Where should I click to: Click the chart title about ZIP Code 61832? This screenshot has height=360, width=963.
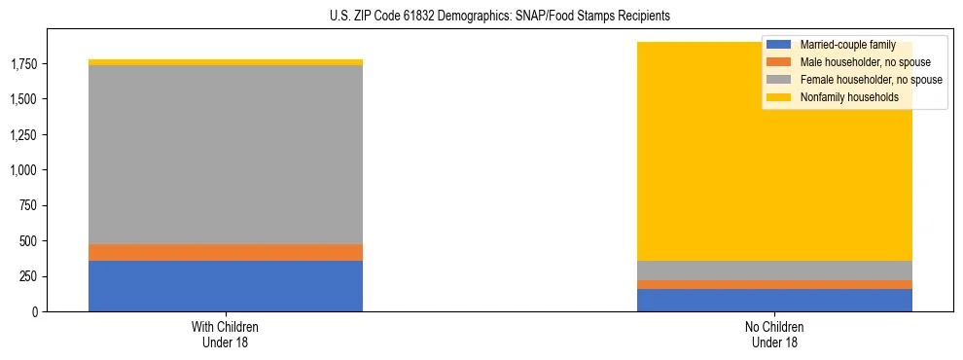(500, 17)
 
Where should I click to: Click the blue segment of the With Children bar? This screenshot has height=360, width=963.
(226, 286)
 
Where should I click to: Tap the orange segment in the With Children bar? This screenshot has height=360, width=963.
(226, 252)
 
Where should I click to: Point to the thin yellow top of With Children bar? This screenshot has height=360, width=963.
(226, 62)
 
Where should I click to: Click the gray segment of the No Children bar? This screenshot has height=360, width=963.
(774, 270)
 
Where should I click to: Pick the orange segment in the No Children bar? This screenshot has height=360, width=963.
(774, 284)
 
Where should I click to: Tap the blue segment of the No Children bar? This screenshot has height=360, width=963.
(774, 300)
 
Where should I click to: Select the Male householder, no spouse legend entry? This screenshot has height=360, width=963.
(854, 62)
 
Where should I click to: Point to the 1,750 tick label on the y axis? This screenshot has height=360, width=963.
(24, 64)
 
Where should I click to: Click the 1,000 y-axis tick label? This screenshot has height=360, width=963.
(24, 170)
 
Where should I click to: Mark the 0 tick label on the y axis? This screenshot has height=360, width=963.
(37, 312)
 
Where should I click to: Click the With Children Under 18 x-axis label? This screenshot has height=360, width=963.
(226, 335)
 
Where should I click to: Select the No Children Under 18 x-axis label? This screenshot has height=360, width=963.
(774, 335)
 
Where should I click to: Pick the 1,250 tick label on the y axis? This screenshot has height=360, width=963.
(24, 135)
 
